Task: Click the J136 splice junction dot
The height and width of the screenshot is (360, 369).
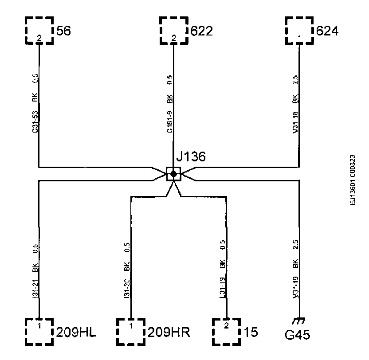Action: pos(173,174)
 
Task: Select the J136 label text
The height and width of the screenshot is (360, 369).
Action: pos(191,157)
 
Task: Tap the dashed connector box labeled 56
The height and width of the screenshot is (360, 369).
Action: pos(39,30)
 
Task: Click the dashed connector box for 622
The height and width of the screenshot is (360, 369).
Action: pos(173,30)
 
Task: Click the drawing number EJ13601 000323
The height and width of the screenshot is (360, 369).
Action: pos(353,180)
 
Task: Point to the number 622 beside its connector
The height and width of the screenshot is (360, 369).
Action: pos(202,31)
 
